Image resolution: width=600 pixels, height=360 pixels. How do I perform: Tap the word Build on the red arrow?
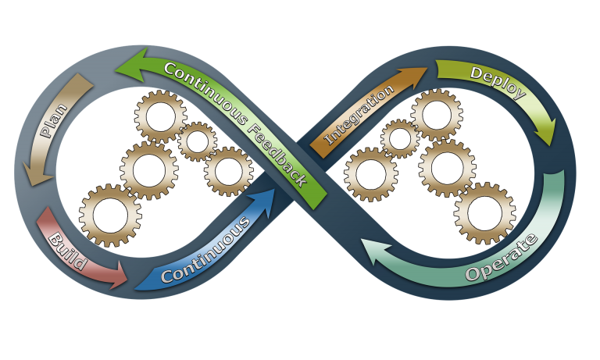tap(67, 251)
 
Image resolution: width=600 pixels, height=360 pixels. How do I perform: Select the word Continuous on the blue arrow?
tap(205, 248)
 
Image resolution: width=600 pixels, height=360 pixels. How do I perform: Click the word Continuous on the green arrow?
tap(205, 91)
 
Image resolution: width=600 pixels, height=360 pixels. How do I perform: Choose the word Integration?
tap(359, 116)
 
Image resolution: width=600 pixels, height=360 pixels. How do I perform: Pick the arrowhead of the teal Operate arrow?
tap(374, 253)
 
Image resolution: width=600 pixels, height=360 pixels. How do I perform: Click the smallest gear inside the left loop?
tap(197, 141)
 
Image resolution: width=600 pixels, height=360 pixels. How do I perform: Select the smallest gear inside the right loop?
tap(400, 139)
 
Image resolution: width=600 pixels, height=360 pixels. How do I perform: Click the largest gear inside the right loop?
tap(484, 212)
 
